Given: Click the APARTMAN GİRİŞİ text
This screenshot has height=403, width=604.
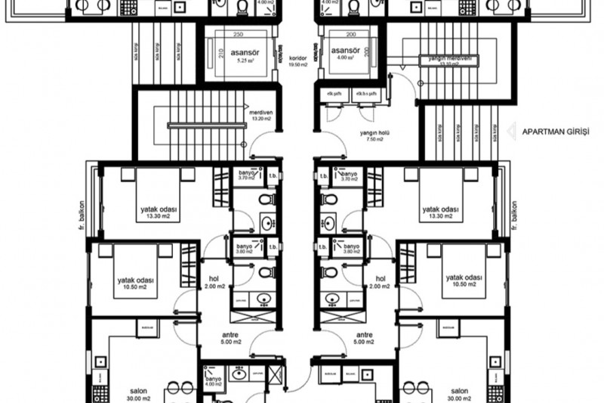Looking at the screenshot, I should point(557,131).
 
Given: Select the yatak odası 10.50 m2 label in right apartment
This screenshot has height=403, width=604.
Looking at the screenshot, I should point(464,282).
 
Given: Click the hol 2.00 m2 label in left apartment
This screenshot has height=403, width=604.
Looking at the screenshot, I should point(213,282).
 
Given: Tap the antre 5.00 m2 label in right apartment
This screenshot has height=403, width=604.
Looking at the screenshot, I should point(365,337).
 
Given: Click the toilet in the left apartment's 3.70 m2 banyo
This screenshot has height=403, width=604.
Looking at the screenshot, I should point(264,200).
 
